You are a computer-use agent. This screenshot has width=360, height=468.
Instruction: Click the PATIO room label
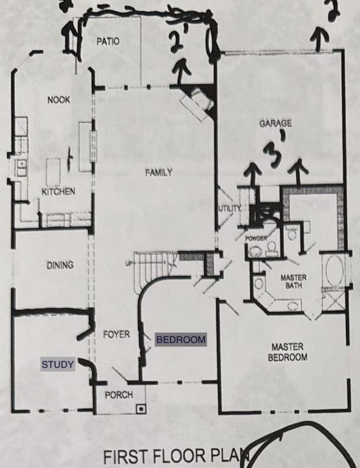pos(107,41)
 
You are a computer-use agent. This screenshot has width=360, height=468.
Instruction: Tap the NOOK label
pos(59,99)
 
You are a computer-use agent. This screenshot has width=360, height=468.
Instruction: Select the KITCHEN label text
pos(58,192)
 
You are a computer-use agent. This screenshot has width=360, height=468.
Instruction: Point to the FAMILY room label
pos(158,172)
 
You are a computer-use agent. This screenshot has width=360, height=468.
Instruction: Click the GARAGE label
pos(275,123)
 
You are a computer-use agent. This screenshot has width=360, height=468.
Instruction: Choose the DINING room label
pos(60,265)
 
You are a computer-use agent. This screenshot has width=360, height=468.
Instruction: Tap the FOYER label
pos(116,335)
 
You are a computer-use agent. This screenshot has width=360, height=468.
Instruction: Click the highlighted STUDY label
pos(58,365)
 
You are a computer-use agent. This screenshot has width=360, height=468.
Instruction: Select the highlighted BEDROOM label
pos(181,339)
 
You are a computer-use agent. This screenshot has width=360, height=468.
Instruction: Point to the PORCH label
pos(119,395)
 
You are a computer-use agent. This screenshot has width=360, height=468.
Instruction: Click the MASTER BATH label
pos(293,282)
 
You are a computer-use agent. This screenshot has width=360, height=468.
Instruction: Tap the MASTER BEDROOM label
pos(288,352)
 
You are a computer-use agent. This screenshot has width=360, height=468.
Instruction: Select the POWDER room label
pos(256,239)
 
